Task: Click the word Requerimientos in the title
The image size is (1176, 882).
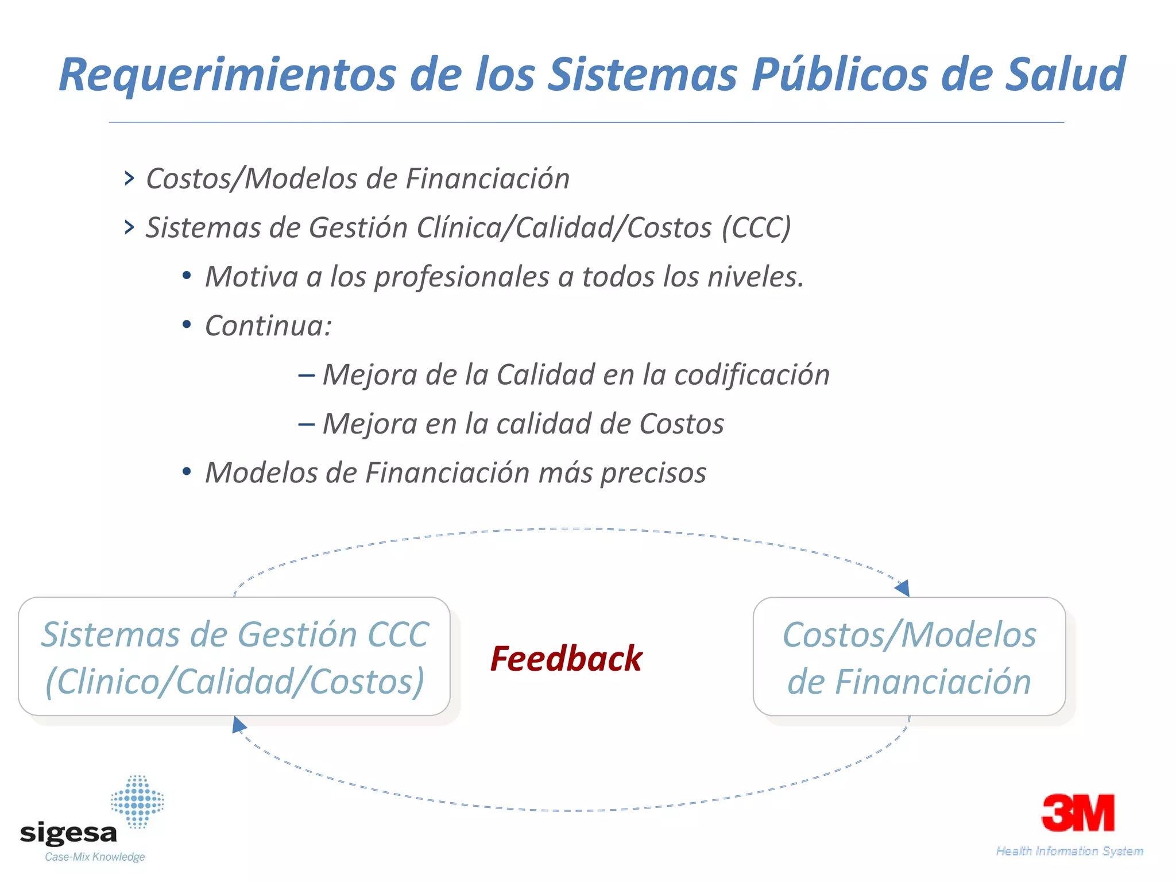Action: [227, 75]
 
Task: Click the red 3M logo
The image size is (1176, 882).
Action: [1078, 813]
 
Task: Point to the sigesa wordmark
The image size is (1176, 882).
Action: [68, 833]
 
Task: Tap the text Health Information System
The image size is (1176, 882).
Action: [1069, 851]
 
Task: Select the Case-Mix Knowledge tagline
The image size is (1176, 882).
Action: [95, 857]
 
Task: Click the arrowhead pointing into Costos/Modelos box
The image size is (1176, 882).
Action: [902, 588]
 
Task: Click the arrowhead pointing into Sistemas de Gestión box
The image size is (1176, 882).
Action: [239, 725]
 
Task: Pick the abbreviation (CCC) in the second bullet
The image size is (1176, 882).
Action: [756, 227]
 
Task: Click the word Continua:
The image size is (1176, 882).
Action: [268, 326]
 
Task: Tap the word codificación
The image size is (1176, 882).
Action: [752, 375]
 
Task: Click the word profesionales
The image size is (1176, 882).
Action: [462, 277]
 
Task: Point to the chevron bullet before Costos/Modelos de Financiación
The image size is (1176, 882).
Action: [129, 178]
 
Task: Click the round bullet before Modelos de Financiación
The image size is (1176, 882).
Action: [186, 473]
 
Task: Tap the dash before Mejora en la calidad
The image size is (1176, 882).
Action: [306, 424]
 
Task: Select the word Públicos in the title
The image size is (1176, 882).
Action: [839, 75]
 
